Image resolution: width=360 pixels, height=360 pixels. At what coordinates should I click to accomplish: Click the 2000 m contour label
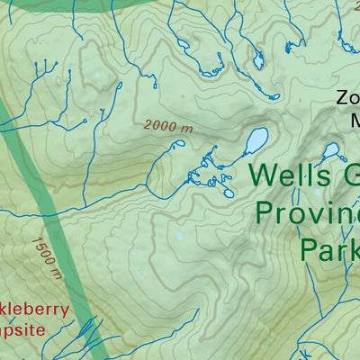pos(166,128)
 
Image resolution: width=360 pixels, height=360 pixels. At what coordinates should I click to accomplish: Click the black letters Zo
pos(346,98)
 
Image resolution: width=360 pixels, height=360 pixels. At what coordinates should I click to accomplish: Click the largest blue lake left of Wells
pos(255,140)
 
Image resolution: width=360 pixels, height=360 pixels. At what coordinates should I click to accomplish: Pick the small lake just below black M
pos(331,149)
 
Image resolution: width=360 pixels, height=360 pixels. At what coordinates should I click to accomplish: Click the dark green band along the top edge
pos(90,7)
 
